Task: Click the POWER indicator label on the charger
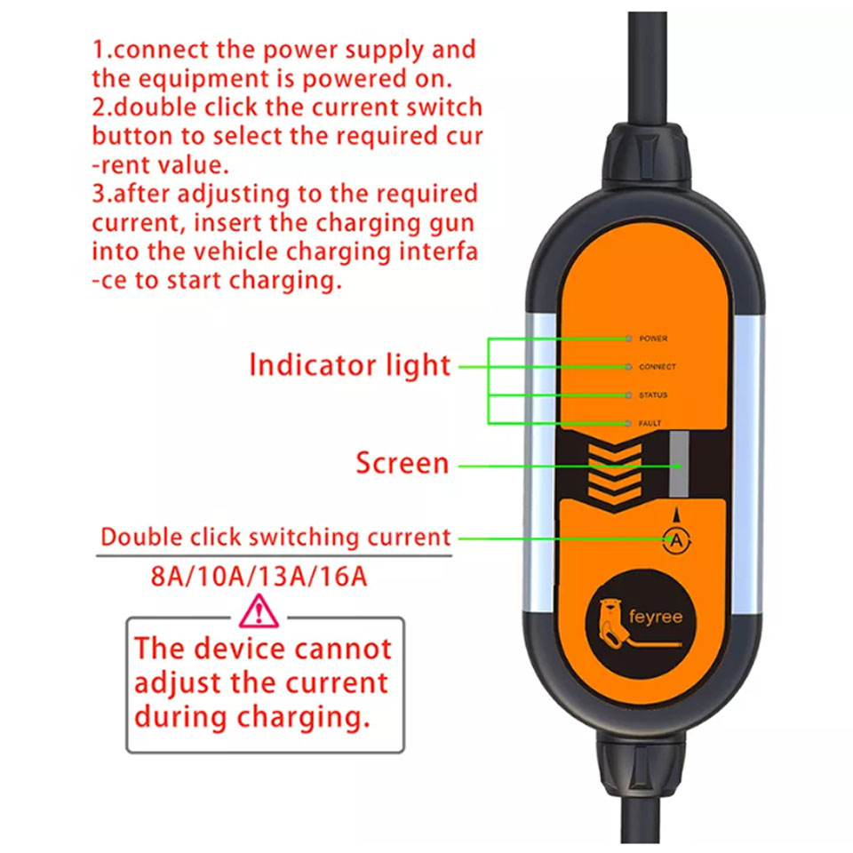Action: click(653, 339)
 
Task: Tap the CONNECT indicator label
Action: click(658, 367)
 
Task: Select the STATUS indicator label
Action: click(653, 395)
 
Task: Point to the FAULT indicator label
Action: click(650, 423)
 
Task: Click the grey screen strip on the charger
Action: click(679, 464)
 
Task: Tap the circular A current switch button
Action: click(676, 541)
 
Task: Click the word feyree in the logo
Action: click(655, 617)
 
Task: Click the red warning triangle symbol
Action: click(259, 611)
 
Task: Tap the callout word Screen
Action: click(403, 463)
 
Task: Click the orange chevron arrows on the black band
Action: click(615, 474)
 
